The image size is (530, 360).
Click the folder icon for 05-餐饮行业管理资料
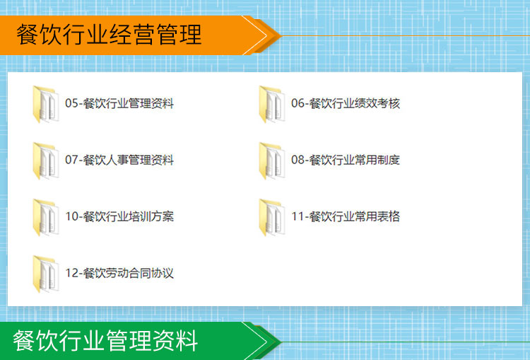tap(46, 104)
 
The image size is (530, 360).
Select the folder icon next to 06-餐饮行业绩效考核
tap(272, 104)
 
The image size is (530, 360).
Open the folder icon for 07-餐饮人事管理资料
tap(46, 161)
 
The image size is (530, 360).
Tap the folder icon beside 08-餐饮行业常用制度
tap(272, 161)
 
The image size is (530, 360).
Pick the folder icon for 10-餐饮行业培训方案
tap(46, 217)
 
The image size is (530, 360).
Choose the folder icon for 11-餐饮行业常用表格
tap(272, 217)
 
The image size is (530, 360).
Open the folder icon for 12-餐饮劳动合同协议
tap(46, 274)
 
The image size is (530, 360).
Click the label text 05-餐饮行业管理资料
tap(119, 103)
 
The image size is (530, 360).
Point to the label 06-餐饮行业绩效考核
tap(346, 103)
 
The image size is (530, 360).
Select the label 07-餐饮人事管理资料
tap(119, 160)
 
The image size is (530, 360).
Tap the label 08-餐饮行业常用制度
tap(346, 160)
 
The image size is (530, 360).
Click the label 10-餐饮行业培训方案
tap(119, 216)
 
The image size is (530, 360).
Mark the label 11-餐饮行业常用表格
tap(346, 216)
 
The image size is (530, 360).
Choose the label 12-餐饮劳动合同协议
tap(119, 273)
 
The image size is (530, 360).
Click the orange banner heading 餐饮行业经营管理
tap(109, 35)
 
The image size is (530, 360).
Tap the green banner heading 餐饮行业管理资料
tap(105, 341)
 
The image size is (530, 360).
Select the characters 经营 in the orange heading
tap(133, 35)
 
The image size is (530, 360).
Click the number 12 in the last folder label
tap(72, 273)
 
